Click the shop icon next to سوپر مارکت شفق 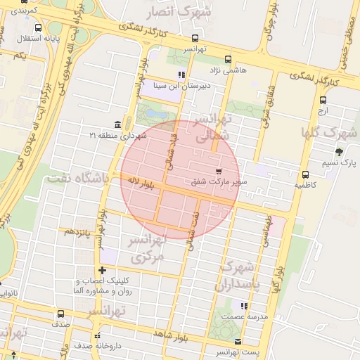tap(219, 171)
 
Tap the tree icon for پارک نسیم tap(340, 152)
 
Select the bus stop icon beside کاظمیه tap(304, 174)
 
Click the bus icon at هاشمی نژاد tap(227, 60)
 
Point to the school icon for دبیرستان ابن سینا tap(181, 75)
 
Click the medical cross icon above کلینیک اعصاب tap(103, 270)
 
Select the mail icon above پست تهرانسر tap(238, 341)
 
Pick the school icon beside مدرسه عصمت tap(243, 307)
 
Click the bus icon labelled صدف tap(60, 314)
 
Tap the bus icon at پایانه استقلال tap(37, 28)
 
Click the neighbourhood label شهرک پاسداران tap(240, 275)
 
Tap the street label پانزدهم tap(78, 231)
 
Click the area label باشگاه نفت tap(77, 179)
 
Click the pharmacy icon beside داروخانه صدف tap(98, 335)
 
